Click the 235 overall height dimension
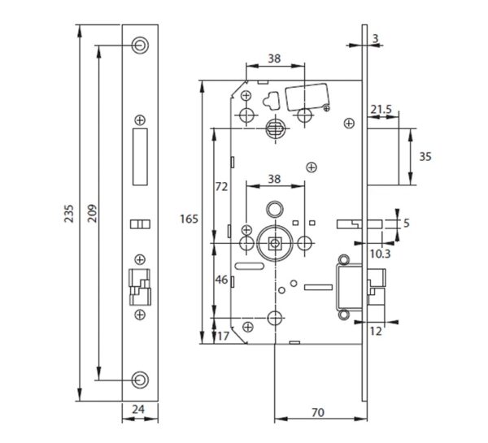(69, 214)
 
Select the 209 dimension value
(92, 213)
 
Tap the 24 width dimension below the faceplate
(138, 409)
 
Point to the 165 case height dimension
(189, 219)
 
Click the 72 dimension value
(221, 187)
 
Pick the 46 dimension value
(221, 280)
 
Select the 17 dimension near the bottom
(223, 336)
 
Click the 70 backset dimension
(318, 412)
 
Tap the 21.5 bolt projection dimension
(381, 110)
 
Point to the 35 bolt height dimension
(425, 157)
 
